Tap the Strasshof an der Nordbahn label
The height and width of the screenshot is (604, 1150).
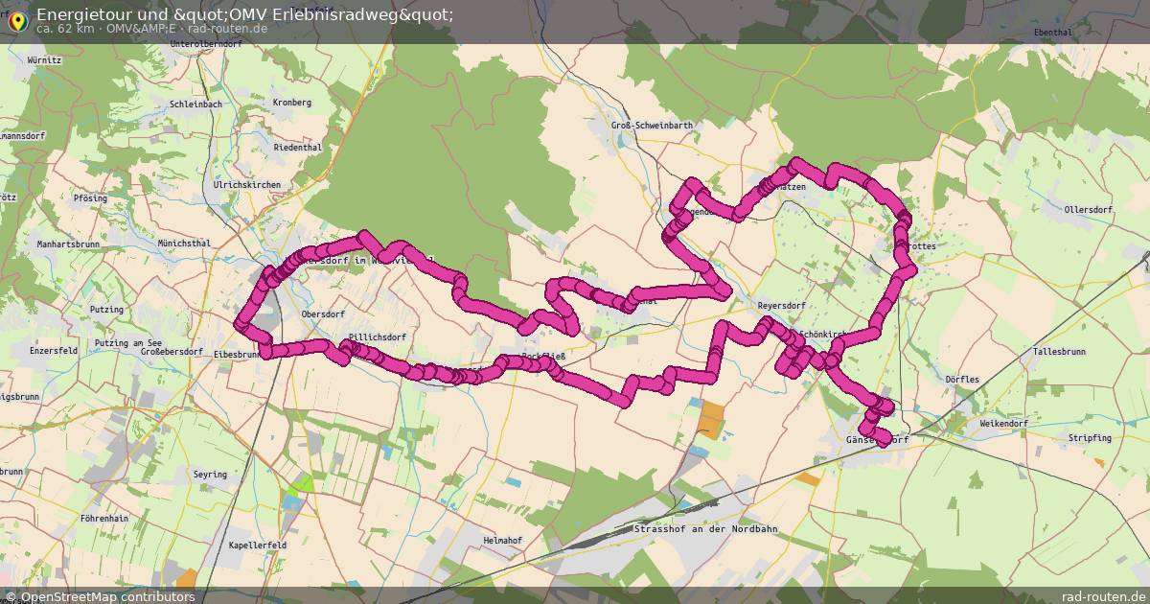(x=704, y=529)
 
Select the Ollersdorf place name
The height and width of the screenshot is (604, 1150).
(x=1090, y=209)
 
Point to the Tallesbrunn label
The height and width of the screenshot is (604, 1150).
(x=1059, y=352)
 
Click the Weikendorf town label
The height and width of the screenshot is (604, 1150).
(x=1003, y=423)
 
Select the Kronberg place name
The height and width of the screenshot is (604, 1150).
(x=292, y=103)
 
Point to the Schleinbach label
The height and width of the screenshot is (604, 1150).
(x=195, y=104)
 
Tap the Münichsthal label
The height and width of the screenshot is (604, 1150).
(x=184, y=244)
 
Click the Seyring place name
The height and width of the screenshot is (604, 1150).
(x=210, y=475)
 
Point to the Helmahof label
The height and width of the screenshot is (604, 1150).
(x=502, y=541)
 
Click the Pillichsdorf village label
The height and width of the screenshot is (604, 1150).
(x=378, y=337)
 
